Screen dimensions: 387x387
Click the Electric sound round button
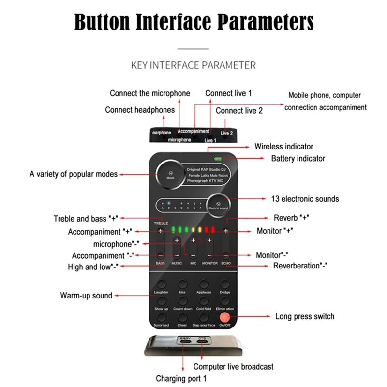(x=218, y=205)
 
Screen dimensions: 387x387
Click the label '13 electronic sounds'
(x=305, y=199)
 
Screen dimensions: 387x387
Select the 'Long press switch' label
(x=305, y=317)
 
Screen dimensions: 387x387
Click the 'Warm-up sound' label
(x=86, y=295)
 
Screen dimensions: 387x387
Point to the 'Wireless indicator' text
(x=284, y=146)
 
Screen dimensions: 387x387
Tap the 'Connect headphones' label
(x=140, y=110)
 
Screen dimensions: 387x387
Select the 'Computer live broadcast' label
(x=234, y=366)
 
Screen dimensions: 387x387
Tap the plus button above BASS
(x=161, y=232)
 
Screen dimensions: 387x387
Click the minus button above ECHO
(x=226, y=255)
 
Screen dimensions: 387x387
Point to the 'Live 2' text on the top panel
(x=227, y=133)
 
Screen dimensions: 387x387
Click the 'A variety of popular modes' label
(x=74, y=174)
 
